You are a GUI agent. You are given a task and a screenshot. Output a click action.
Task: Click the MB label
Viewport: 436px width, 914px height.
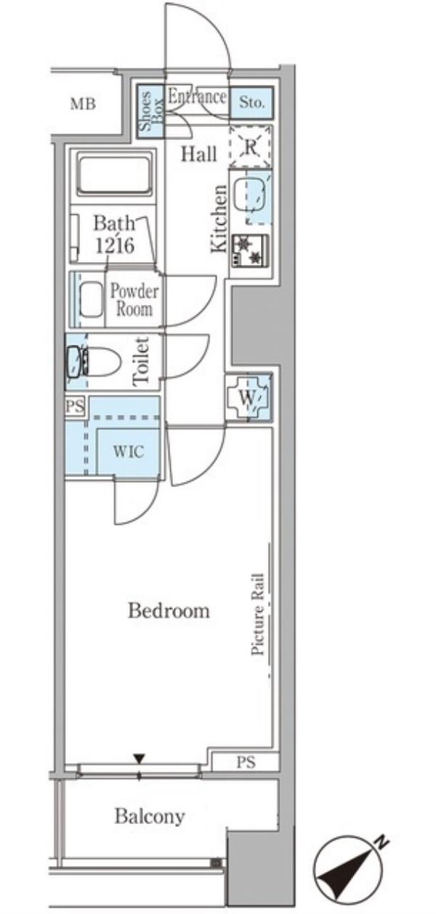83,104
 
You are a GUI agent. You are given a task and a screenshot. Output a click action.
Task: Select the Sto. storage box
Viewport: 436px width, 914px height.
251,102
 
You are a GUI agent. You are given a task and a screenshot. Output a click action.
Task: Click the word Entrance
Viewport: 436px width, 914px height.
197,97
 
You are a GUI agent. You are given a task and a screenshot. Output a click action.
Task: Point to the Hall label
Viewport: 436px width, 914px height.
199,155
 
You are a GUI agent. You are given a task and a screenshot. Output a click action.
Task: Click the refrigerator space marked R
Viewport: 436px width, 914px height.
250,147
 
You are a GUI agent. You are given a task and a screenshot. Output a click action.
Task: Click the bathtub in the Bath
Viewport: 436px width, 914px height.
114,176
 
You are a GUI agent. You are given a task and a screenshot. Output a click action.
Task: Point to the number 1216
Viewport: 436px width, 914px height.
114,246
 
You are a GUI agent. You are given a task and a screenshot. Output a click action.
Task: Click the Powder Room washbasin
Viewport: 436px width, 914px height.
91,299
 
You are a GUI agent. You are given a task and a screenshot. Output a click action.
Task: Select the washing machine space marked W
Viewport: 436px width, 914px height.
246,398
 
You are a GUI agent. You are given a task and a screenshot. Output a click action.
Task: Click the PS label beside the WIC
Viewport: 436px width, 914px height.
75,407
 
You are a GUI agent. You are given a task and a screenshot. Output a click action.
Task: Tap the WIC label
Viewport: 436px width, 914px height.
128,452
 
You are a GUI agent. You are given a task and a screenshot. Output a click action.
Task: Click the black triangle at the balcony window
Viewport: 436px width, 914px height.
140,759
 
